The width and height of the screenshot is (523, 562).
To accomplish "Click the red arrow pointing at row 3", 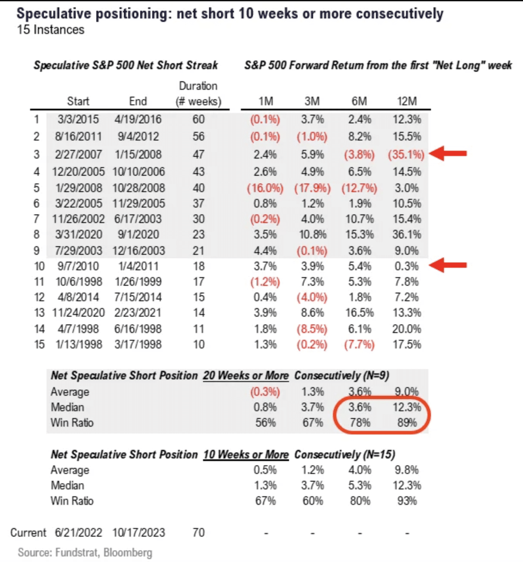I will click(x=449, y=153).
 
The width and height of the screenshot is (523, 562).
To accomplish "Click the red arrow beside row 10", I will click(x=449, y=265).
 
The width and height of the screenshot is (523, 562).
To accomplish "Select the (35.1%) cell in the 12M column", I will click(x=406, y=154).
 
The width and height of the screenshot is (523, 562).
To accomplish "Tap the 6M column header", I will click(x=359, y=101).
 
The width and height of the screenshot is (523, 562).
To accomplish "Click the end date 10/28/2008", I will click(x=138, y=188).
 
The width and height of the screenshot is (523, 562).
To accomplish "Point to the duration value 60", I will click(x=198, y=119).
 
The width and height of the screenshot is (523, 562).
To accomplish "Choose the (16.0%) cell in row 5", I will click(x=265, y=188).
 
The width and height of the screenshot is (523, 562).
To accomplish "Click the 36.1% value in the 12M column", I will click(x=406, y=235).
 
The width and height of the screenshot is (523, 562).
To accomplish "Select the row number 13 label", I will click(x=39, y=313).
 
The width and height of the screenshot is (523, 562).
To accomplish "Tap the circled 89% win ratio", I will click(x=406, y=423).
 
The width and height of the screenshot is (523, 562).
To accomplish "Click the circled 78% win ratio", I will click(x=360, y=423).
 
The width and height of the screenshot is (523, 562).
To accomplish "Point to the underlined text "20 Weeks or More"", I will click(x=246, y=376).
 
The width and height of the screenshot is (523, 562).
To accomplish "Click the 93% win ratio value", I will click(x=406, y=501).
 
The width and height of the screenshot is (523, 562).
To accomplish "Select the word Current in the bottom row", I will click(x=28, y=533).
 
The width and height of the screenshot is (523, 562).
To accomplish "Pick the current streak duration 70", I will click(x=198, y=533).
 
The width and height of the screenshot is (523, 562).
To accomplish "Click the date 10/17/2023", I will click(x=138, y=533).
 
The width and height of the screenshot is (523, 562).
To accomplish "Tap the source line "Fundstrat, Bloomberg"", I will click(x=104, y=553).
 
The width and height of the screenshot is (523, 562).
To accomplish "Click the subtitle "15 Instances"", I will click(x=51, y=30).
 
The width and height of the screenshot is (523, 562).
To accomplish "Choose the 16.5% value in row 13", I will click(x=360, y=313).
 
